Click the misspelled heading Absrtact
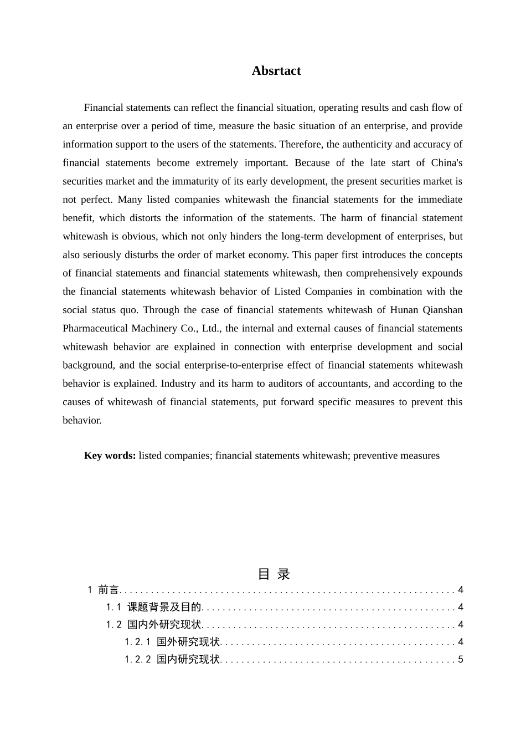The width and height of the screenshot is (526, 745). coord(276,71)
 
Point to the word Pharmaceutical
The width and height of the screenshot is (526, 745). coord(95,328)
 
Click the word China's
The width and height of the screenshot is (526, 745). coord(446,162)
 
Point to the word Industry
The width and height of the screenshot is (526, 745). coord(179,384)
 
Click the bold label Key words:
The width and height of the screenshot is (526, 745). coord(110,456)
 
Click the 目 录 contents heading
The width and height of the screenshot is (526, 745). coord(274,574)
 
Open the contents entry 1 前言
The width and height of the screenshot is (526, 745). coord(104,590)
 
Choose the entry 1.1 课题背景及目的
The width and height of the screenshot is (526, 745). coord(154,608)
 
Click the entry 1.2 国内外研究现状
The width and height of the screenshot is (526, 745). coord(154,625)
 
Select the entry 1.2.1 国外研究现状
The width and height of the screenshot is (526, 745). coord(172,642)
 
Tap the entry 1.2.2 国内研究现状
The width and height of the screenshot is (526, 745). coord(172,660)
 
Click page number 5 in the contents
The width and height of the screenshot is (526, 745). coord(461,660)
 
